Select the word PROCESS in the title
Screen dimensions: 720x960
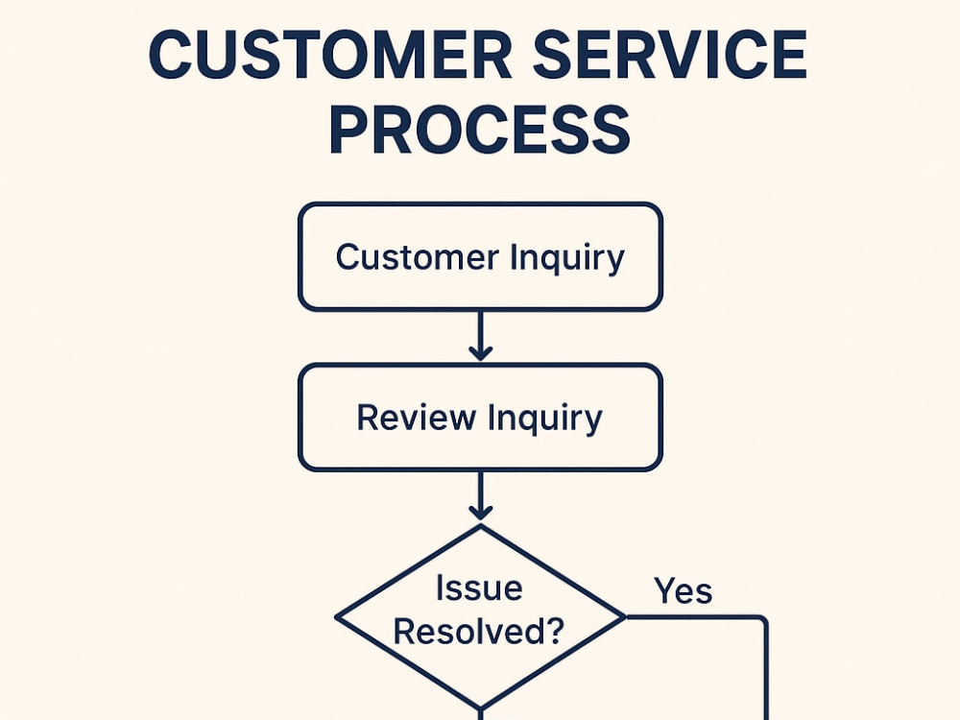pos(479,131)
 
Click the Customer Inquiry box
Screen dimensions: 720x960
pos(480,256)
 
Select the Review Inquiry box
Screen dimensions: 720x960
pos(480,418)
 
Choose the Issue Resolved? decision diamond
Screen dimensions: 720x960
pos(480,614)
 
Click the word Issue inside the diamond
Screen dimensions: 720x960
pos(479,588)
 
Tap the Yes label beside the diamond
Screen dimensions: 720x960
pos(684,590)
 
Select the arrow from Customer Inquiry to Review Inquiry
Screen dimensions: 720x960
pos(480,336)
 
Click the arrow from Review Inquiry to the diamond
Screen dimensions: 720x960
pos(480,497)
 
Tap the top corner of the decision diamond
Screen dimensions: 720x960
pos(480,525)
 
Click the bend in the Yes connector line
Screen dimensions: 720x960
pos(765,619)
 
